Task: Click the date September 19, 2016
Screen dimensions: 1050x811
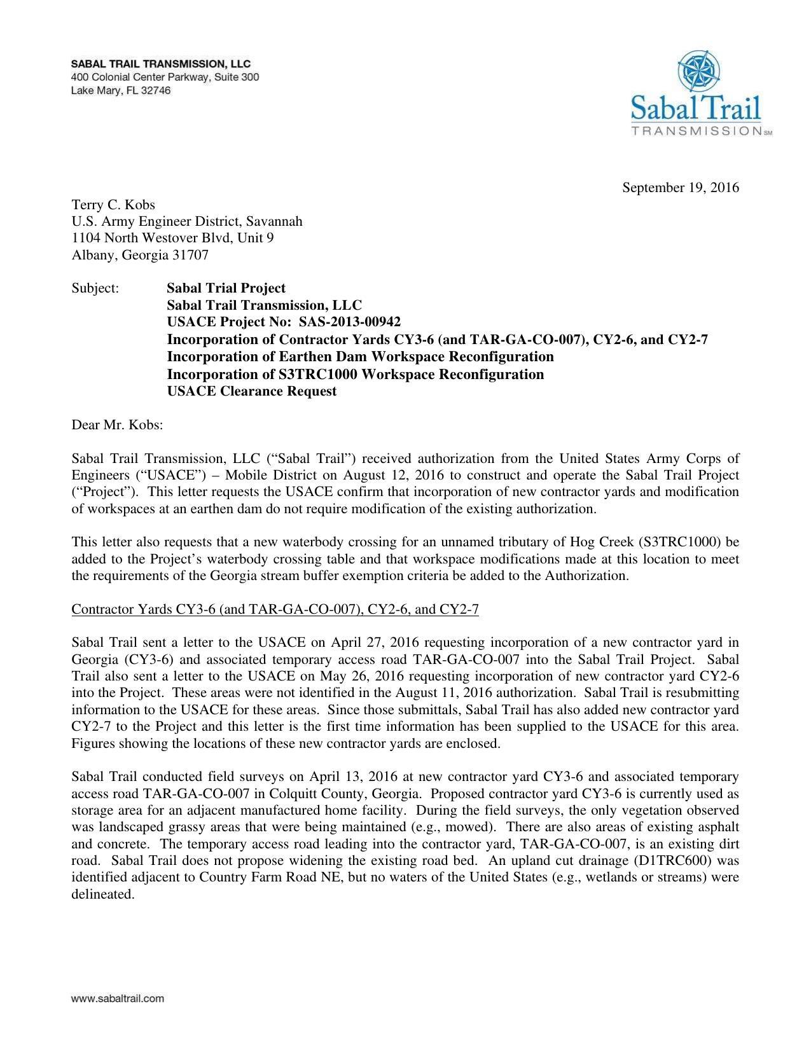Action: pos(680,188)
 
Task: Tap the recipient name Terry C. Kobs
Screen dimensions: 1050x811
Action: pos(113,205)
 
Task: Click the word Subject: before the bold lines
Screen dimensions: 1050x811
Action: pos(95,288)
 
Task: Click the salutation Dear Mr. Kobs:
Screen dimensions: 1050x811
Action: pos(118,424)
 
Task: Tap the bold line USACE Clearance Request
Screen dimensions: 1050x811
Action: pos(252,391)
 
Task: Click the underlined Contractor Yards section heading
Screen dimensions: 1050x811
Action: pos(275,609)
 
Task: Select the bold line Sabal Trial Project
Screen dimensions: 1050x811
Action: pos(226,288)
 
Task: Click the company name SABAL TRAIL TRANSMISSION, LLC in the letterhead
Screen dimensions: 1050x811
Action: pos(161,64)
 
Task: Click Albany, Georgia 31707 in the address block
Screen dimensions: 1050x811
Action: pos(140,255)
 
